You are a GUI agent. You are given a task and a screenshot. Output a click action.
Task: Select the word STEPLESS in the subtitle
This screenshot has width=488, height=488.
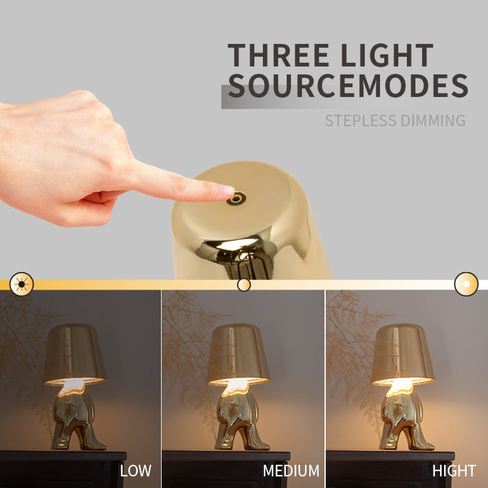point(359,120)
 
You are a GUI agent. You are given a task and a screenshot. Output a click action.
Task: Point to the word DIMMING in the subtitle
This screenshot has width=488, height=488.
point(432,120)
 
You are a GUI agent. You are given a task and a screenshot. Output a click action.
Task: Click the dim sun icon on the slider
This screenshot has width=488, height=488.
point(22,284)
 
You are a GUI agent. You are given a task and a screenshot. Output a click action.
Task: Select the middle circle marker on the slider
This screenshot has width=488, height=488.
point(244,284)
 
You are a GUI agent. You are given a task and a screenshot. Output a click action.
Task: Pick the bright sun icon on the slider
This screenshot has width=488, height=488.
point(466,284)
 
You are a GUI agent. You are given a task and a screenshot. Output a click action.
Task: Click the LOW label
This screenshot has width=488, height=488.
point(135,471)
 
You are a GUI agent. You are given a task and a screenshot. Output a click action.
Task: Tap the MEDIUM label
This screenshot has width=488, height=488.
point(291,471)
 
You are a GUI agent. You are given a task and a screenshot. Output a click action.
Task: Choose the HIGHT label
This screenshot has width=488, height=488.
point(454,471)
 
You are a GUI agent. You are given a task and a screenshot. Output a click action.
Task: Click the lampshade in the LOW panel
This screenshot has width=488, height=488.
point(74,353)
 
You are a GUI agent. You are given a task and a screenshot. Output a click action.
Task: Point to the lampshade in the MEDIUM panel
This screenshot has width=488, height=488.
point(238,353)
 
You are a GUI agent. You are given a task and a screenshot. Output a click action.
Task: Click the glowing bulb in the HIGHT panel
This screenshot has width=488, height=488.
point(402,386)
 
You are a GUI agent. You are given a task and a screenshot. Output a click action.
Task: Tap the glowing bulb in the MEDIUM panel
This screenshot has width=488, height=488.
point(237,386)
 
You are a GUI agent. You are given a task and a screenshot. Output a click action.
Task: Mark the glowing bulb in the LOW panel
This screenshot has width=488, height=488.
point(74,384)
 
